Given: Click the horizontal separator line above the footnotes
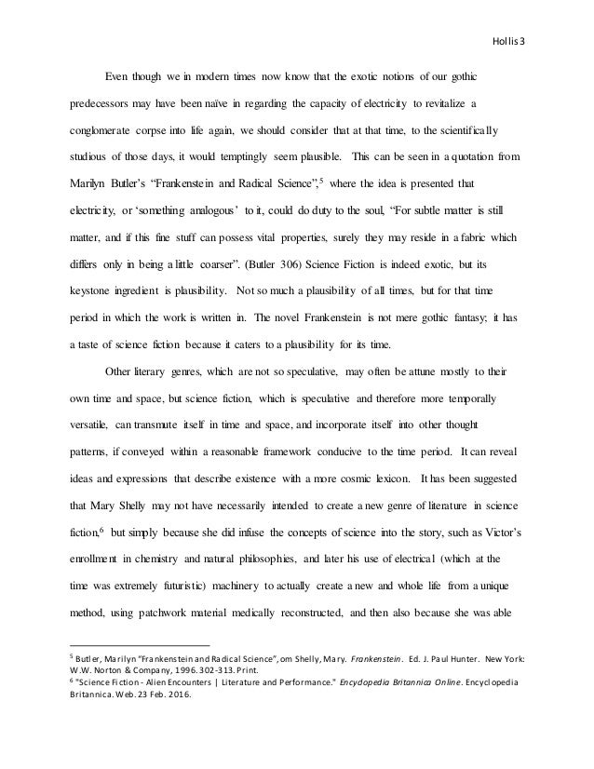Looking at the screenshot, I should [141, 642].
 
